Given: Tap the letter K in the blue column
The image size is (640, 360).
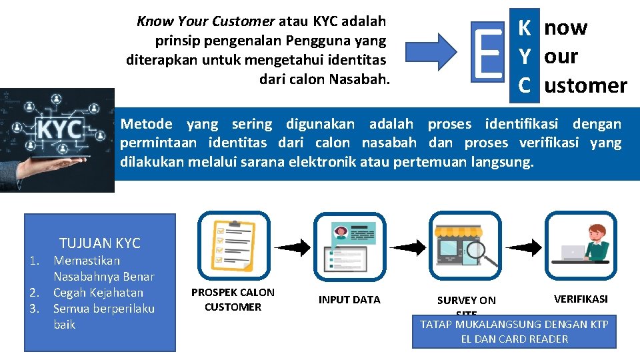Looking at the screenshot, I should click(x=525, y=28).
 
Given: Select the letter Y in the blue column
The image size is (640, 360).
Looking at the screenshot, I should click(x=525, y=57).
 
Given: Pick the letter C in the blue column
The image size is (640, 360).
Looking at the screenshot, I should click(x=525, y=85).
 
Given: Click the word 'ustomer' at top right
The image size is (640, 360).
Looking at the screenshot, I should click(x=586, y=85).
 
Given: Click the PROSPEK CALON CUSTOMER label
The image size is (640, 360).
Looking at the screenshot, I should click(x=233, y=300).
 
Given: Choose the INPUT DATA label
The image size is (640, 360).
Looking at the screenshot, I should click(x=349, y=300).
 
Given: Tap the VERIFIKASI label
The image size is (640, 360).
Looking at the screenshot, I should click(x=581, y=299).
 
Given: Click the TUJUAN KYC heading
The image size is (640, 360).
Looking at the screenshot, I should click(x=100, y=243).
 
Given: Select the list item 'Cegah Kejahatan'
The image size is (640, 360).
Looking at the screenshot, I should click(x=98, y=293).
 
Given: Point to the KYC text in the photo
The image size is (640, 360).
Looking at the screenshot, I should click(x=60, y=130).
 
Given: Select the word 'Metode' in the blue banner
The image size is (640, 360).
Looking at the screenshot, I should click(x=146, y=124).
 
